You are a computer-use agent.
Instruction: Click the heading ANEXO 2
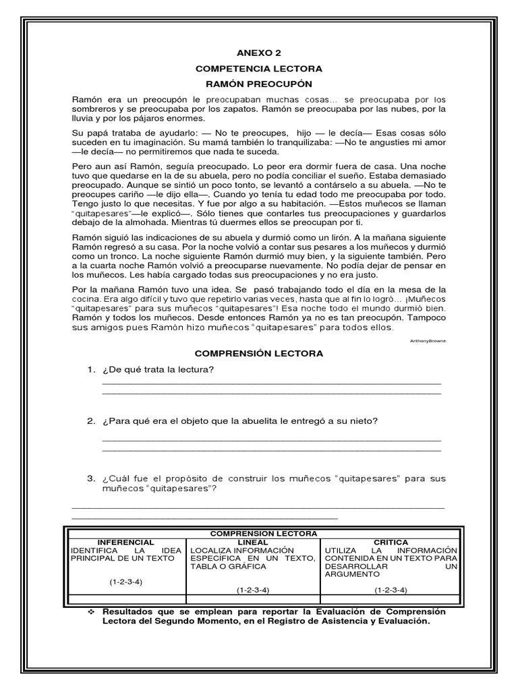[x=258, y=53]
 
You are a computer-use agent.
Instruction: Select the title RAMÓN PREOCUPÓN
[x=259, y=84]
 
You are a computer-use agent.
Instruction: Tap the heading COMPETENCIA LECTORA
[x=259, y=68]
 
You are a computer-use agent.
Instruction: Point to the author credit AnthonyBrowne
[x=428, y=341]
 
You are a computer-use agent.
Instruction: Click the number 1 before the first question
[x=90, y=369]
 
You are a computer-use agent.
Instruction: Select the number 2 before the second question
[x=90, y=421]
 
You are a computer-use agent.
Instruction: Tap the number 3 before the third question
[x=90, y=478]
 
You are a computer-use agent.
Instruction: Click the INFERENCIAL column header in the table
[x=125, y=542]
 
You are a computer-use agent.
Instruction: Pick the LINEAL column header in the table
[x=253, y=542]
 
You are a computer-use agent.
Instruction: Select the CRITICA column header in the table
[x=390, y=542]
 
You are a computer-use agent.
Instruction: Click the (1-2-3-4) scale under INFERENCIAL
[x=125, y=582]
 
